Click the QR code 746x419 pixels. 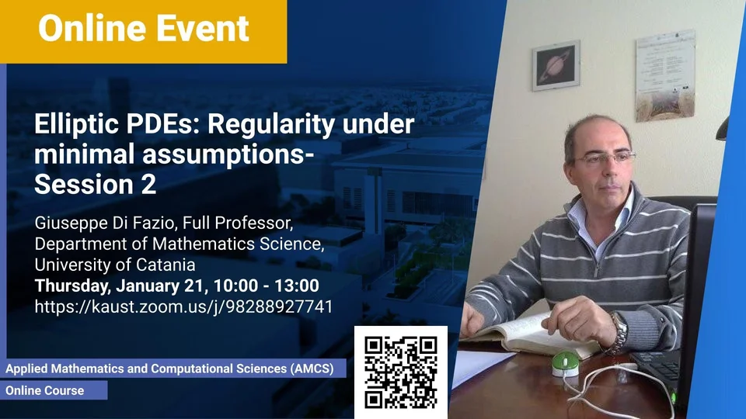(x=401, y=372)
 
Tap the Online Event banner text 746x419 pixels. (x=144, y=29)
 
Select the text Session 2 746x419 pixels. (x=95, y=185)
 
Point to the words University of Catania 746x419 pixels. (x=115, y=264)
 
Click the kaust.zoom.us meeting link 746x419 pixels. (x=183, y=306)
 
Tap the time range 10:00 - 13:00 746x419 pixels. (x=266, y=286)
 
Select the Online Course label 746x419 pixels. (x=45, y=390)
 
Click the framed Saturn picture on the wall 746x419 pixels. (x=556, y=65)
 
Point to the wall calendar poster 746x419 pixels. (x=665, y=75)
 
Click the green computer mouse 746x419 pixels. (x=566, y=362)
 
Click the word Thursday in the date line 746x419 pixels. (x=71, y=286)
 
